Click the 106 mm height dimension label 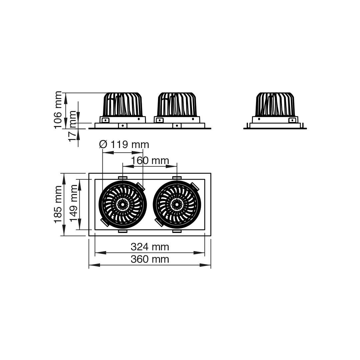(58, 110)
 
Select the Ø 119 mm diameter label (124, 145)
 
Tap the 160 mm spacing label (150, 160)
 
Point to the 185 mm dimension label (58, 205)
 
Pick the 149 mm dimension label (74, 203)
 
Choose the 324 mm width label (150, 247)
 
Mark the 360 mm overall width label (150, 259)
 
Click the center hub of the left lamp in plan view (123, 204)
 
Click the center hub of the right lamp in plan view (177, 204)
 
